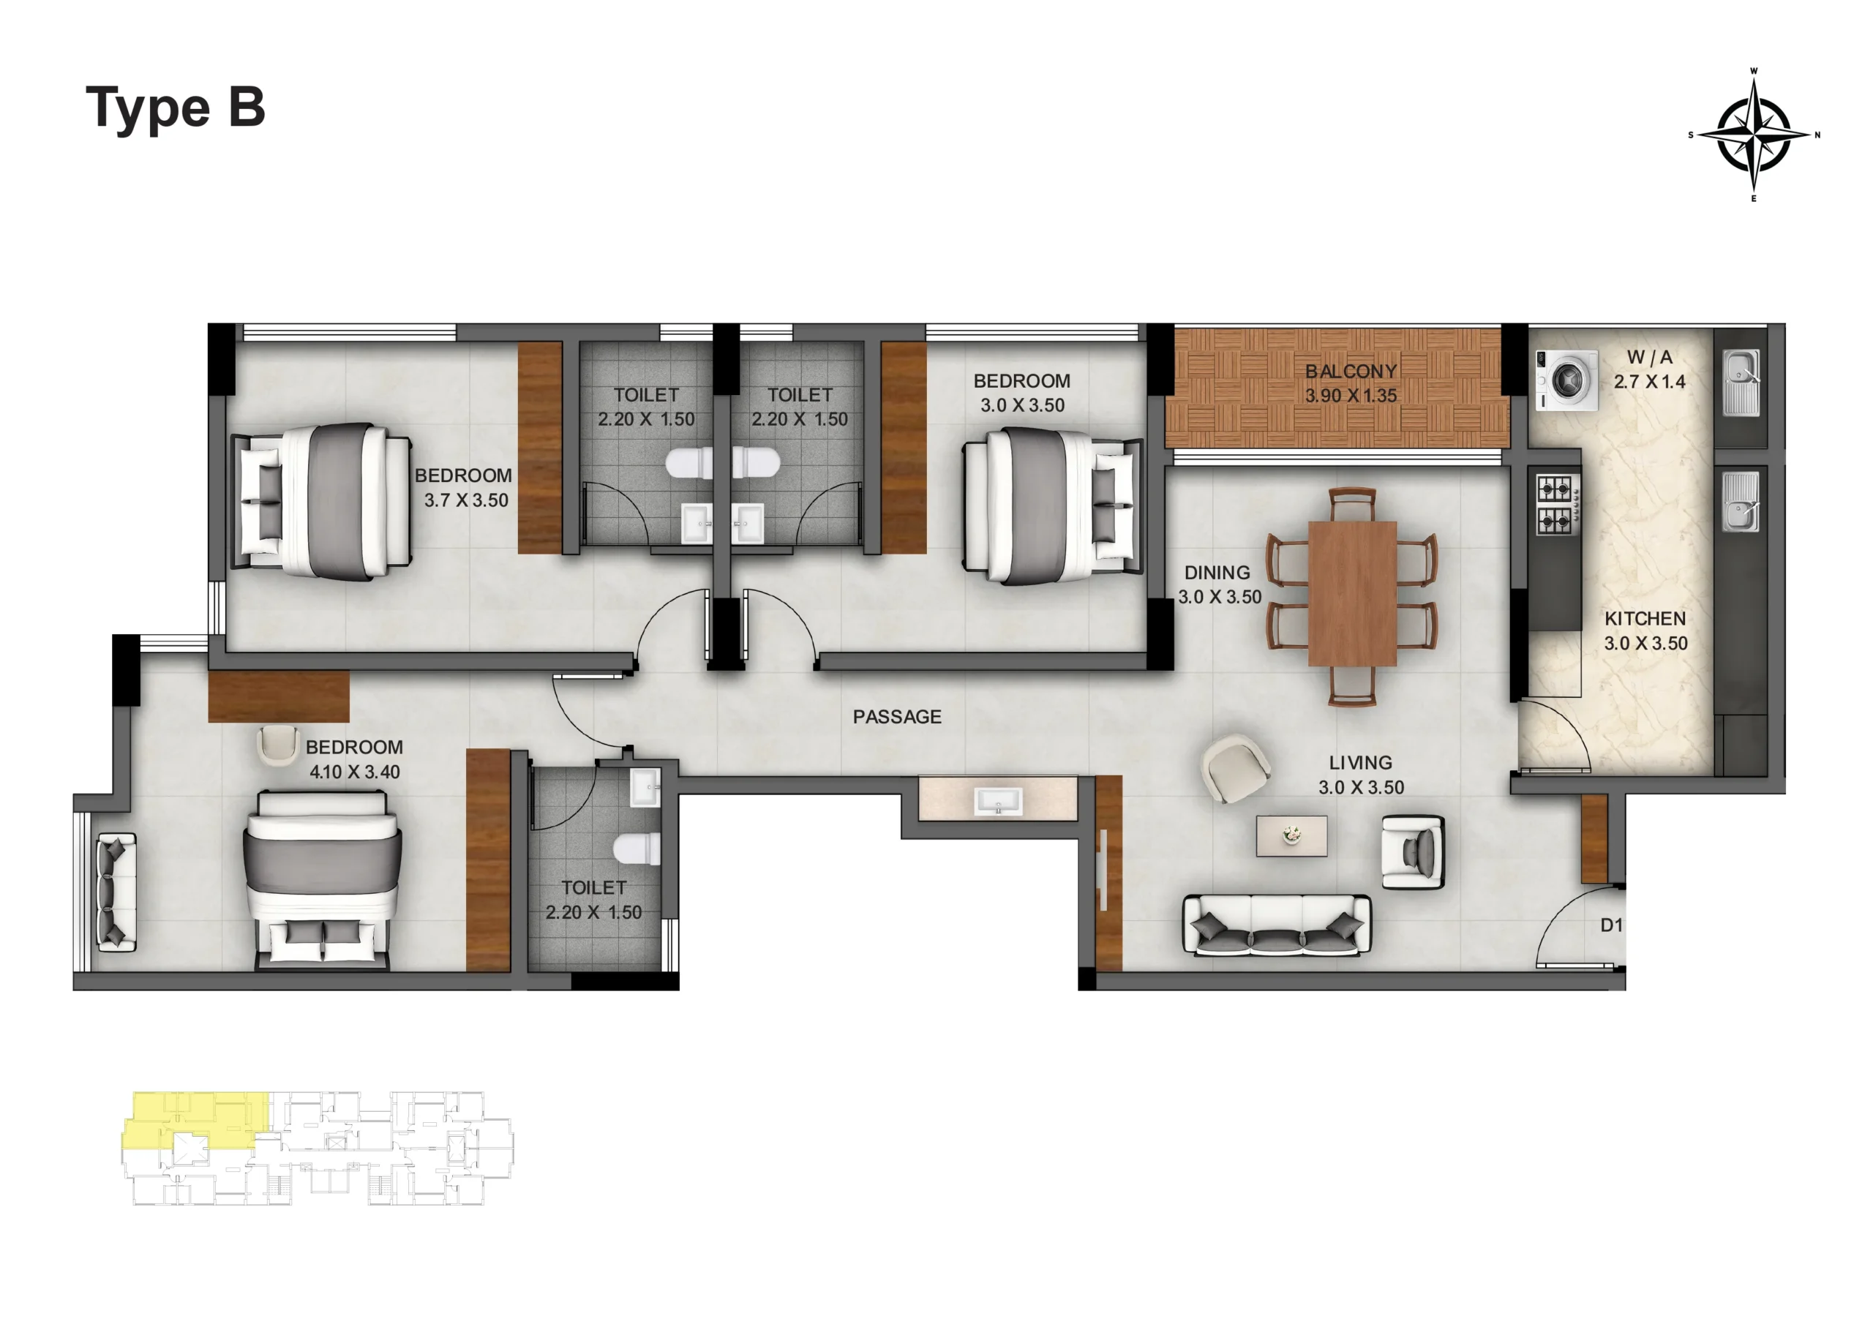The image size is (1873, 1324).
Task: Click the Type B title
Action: click(176, 108)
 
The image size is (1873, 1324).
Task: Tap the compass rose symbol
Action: click(1754, 135)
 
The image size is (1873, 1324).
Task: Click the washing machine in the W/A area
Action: click(1567, 380)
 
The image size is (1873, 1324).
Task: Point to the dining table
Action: click(1353, 593)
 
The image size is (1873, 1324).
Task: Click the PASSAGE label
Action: click(897, 716)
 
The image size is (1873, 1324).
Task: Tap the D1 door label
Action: click(1611, 925)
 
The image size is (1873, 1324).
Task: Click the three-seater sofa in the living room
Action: click(1277, 925)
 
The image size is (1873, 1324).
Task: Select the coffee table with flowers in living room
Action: click(1291, 836)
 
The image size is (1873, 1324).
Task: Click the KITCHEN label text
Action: click(1645, 618)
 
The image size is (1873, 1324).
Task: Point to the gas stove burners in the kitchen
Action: click(1554, 504)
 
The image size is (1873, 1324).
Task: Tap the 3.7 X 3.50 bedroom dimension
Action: click(466, 500)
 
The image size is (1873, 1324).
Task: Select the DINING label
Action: click(1217, 573)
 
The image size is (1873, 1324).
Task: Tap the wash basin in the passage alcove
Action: click(998, 800)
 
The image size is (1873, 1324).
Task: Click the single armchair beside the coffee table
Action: click(1413, 852)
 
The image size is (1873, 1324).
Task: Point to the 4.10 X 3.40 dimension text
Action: click(355, 772)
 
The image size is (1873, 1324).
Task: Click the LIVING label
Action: click(1361, 763)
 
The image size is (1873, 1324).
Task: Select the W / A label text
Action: click(1649, 356)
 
